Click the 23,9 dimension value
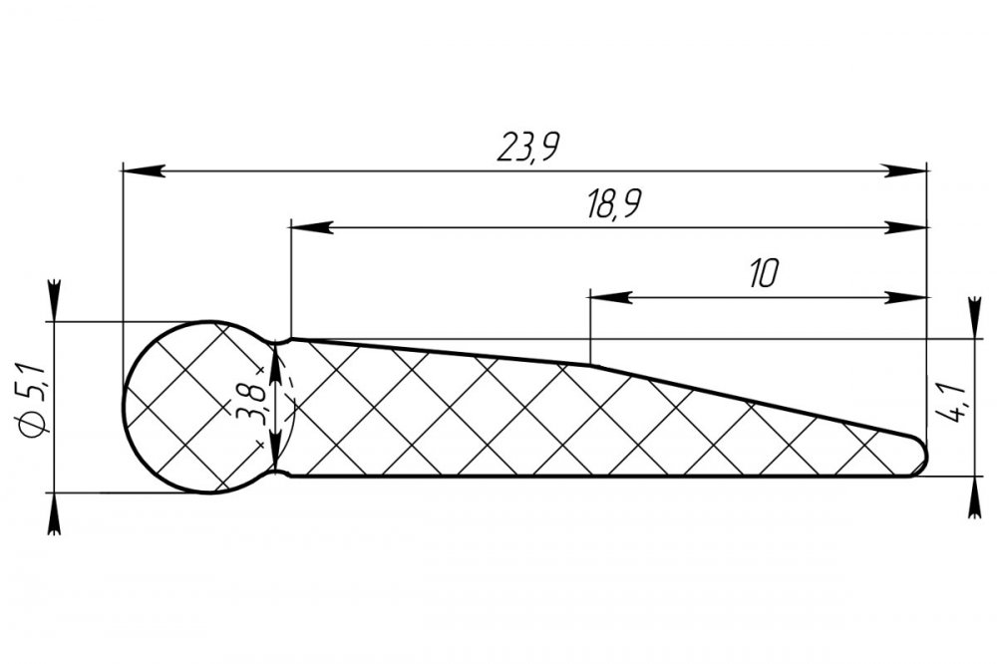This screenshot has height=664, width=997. click(527, 148)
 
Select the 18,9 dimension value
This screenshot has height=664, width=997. click(613, 204)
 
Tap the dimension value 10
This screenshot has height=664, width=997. click(763, 273)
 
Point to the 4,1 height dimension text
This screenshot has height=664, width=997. click(949, 403)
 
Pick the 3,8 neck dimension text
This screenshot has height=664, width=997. click(251, 403)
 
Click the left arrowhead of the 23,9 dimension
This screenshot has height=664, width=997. click(144, 170)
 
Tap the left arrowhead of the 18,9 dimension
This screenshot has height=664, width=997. click(311, 227)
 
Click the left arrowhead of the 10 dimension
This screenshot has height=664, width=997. click(611, 297)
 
